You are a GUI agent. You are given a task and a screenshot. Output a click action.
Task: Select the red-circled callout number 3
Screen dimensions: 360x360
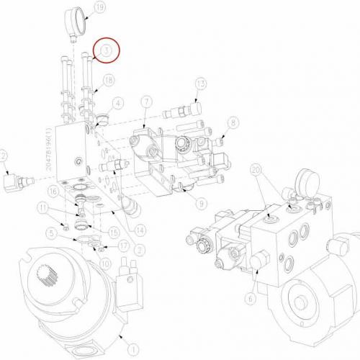pyautogui.click(x=107, y=50)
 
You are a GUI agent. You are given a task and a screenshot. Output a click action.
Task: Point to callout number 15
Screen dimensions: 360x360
pyautogui.click(x=112, y=232)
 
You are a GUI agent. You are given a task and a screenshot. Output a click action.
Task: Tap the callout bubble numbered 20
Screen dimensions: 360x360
pyautogui.click(x=256, y=171)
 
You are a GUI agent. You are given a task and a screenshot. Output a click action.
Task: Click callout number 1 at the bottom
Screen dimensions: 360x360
pyautogui.click(x=130, y=340)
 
